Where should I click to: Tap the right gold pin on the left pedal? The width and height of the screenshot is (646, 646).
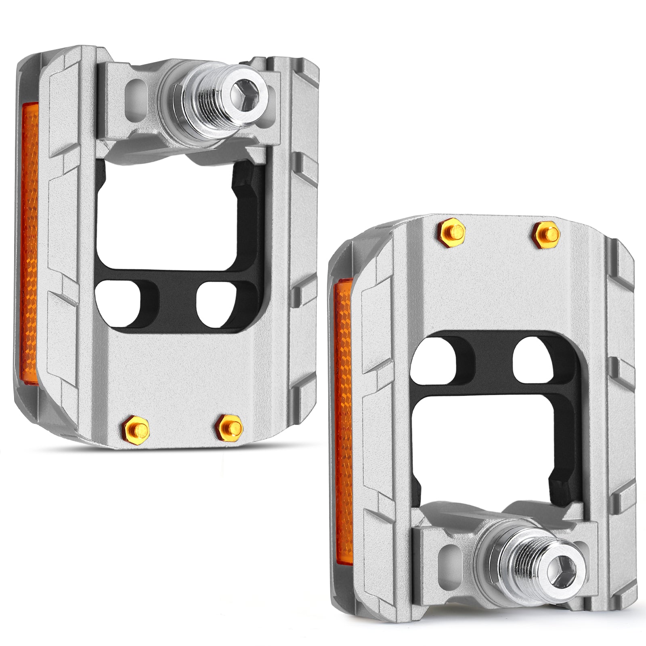(x=229, y=424)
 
